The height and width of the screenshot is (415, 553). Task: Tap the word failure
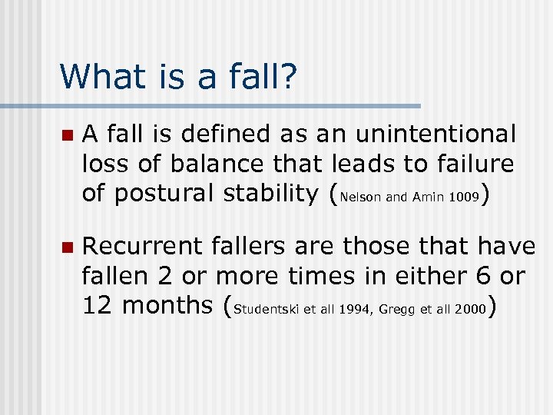[x=469, y=164]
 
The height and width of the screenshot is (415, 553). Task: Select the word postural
[x=170, y=193]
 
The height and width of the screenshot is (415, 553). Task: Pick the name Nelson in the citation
[x=359, y=198]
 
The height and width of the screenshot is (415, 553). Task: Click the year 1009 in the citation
[x=463, y=198]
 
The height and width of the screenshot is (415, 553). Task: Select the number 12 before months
[x=98, y=305]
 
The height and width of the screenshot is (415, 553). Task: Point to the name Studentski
[x=265, y=310]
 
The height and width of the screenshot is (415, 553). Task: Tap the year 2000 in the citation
[x=470, y=310]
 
